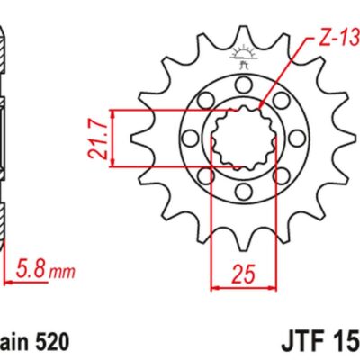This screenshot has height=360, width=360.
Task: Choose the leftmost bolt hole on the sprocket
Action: pos(188,139)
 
